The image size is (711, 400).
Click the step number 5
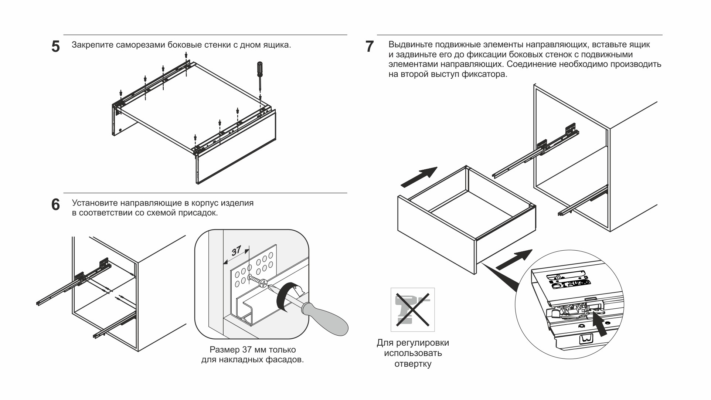(55, 47)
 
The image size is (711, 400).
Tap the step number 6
(55, 204)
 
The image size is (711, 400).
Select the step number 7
(369, 47)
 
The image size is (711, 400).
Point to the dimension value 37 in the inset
(236, 251)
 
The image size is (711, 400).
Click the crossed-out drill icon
(412, 309)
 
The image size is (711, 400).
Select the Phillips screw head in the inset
(263, 284)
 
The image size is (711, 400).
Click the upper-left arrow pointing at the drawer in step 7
(419, 176)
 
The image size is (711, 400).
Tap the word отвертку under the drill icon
(413, 364)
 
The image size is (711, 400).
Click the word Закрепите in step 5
(92, 45)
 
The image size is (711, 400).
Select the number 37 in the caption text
(247, 350)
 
